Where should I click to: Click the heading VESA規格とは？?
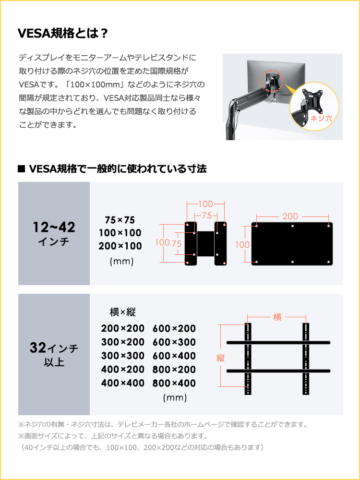[63, 34]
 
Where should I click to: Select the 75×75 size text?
[120, 220]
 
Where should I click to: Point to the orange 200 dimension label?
[290, 216]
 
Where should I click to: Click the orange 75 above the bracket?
[207, 216]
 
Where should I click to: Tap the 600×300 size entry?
[174, 342]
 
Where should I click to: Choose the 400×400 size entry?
[123, 384]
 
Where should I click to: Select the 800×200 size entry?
[174, 370]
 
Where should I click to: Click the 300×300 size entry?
[123, 356]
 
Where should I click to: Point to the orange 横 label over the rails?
[277, 317]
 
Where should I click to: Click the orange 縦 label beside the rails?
[221, 358]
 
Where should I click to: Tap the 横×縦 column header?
[123, 312]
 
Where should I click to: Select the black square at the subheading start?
[21, 169]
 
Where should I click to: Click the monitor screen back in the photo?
[288, 77]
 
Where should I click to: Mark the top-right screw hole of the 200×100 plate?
[329, 225]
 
